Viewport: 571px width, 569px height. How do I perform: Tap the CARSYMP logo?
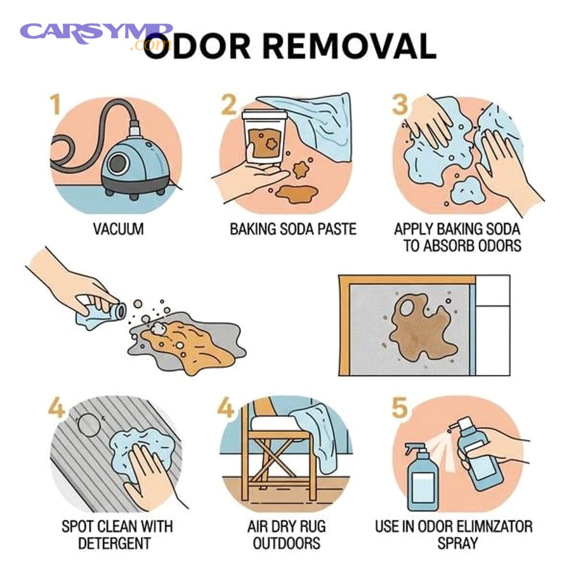(95, 33)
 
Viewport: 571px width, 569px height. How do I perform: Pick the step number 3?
(400, 105)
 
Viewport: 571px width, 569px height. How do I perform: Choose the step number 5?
(400, 407)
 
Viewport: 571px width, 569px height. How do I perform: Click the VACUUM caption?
(118, 229)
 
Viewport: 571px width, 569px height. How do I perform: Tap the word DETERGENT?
(114, 544)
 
